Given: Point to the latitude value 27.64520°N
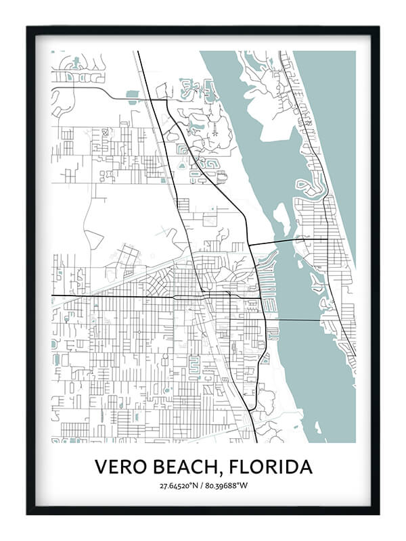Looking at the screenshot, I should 178,486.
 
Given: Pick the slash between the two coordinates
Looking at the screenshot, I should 202,486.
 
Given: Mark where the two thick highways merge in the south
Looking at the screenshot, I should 250,410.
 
